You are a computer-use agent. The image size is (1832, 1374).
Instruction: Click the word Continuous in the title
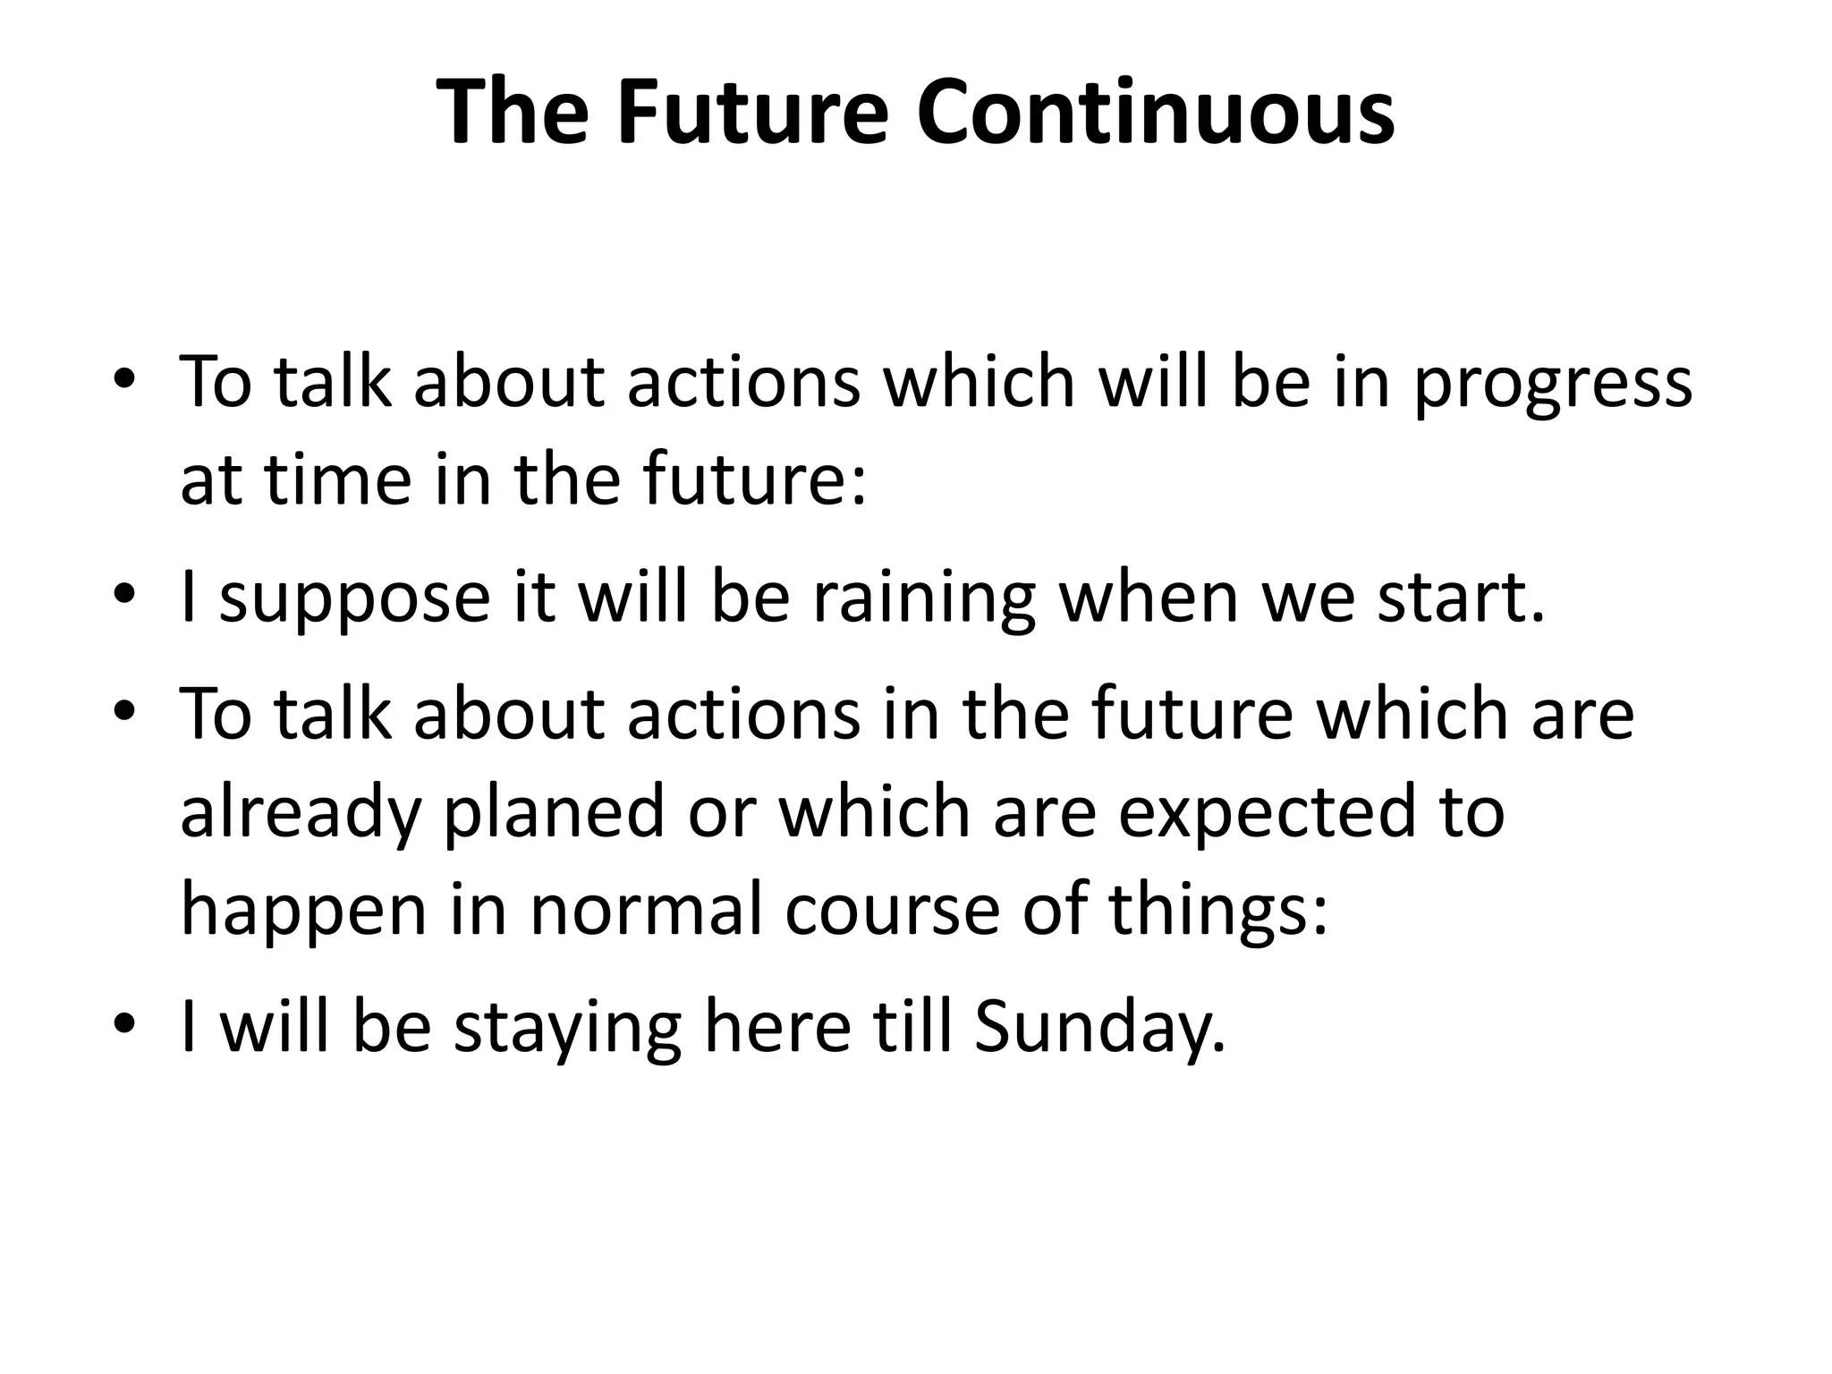click(1155, 114)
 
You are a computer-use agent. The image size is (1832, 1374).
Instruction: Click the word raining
click(924, 599)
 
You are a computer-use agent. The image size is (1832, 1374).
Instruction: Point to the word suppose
click(354, 599)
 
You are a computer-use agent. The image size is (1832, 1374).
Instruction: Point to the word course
click(892, 910)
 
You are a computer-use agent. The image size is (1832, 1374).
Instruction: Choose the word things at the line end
click(1217, 910)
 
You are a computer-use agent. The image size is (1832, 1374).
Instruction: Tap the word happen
click(304, 910)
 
